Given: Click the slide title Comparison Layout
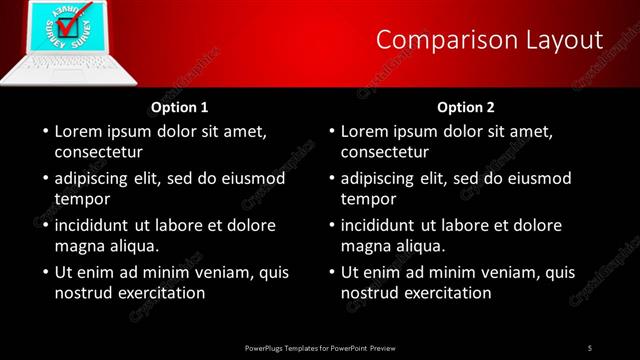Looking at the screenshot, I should [x=490, y=40].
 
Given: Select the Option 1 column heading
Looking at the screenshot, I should [x=180, y=107].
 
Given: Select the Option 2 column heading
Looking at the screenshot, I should [x=466, y=107].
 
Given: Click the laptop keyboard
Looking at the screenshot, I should [x=55, y=66].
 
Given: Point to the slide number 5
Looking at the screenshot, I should [x=590, y=347].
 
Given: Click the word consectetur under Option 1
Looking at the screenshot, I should [x=98, y=153].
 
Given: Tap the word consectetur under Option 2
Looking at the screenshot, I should [x=384, y=153].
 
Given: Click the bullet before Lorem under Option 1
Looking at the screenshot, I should [x=44, y=132].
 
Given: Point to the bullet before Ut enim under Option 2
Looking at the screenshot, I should [x=330, y=272].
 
